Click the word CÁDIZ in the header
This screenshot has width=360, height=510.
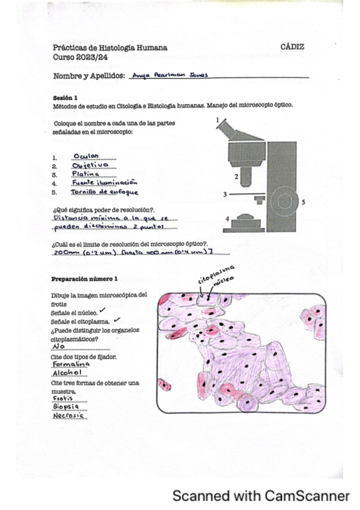pyautogui.click(x=293, y=46)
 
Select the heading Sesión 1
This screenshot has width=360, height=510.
pyautogui.click(x=65, y=97)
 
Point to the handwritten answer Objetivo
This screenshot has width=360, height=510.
pyautogui.click(x=90, y=165)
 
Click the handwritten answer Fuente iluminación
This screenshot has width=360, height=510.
pyautogui.click(x=104, y=183)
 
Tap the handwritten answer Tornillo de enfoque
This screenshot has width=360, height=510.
pyautogui.click(x=104, y=192)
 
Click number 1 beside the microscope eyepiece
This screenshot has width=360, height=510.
pyautogui.click(x=217, y=120)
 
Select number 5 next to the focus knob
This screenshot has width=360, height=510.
pyautogui.click(x=303, y=202)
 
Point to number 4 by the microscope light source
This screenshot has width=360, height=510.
pyautogui.click(x=226, y=220)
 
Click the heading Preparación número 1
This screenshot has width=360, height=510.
pyautogui.click(x=84, y=278)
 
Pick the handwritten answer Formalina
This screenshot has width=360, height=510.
pyautogui.click(x=71, y=365)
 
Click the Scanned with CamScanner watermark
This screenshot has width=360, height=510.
pyautogui.click(x=261, y=496)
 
